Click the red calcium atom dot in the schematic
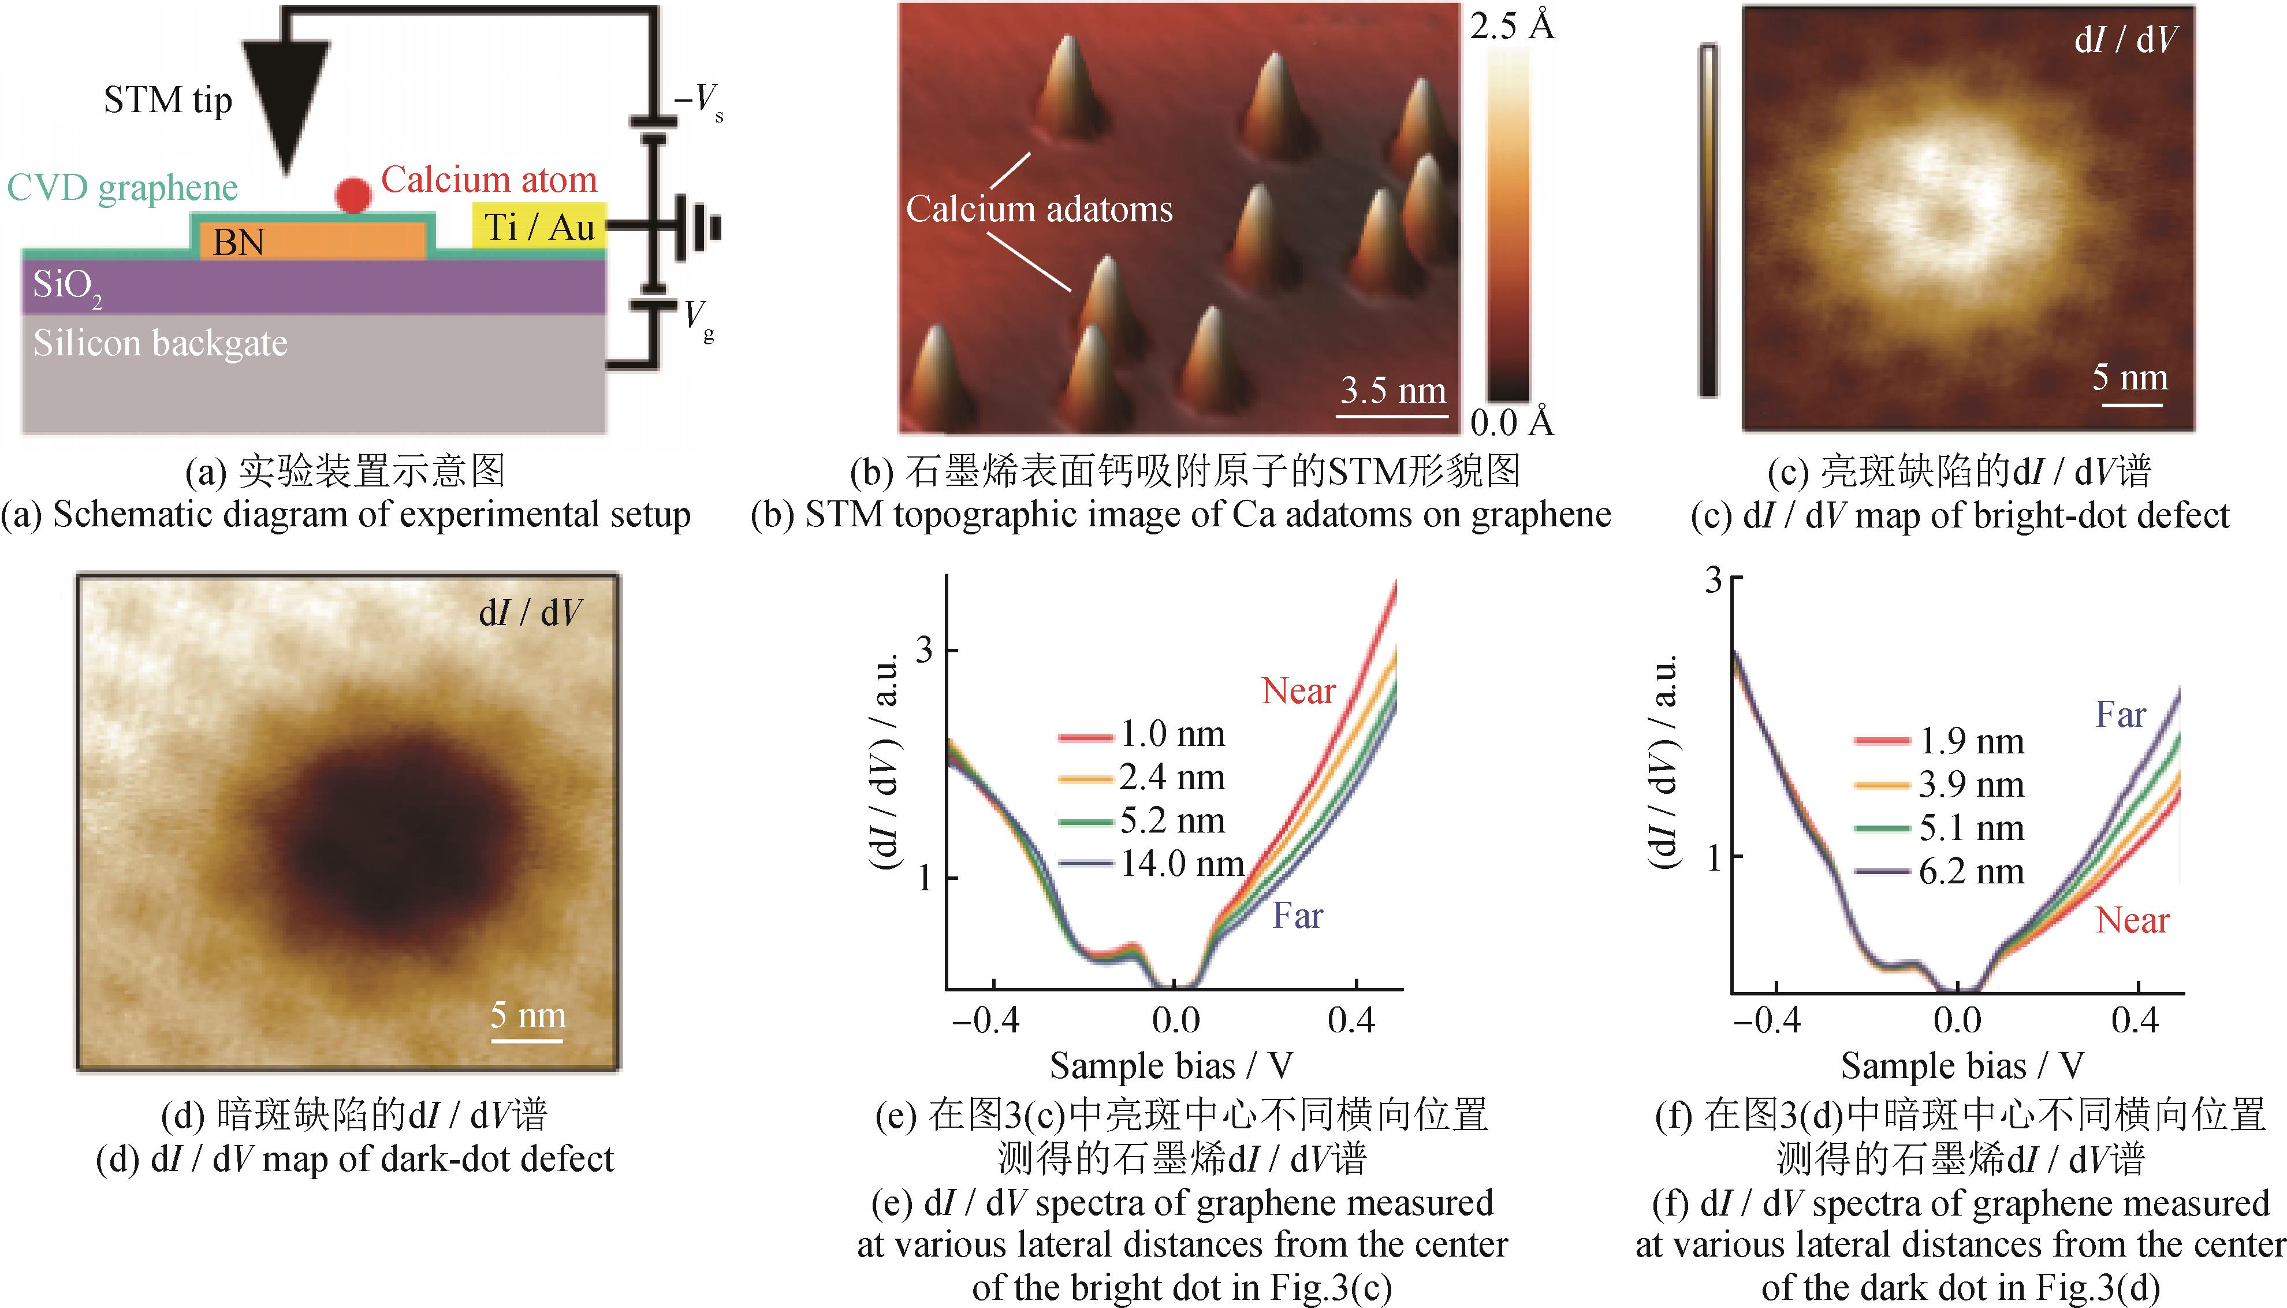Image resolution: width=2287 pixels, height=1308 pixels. click(x=353, y=195)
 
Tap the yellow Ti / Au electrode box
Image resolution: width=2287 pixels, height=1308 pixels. click(x=539, y=227)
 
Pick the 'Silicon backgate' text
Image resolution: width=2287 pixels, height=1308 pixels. click(x=161, y=343)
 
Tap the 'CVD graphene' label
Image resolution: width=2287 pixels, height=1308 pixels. click(x=123, y=188)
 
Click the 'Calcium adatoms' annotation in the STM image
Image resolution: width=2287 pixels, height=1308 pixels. click(x=1039, y=209)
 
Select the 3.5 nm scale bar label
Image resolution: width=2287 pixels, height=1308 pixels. click(x=1392, y=391)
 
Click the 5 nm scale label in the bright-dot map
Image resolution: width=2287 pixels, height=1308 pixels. click(x=2130, y=377)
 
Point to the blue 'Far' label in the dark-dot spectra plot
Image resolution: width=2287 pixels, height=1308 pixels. click(x=2120, y=715)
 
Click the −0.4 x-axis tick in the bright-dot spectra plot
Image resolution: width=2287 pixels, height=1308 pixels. click(x=986, y=1020)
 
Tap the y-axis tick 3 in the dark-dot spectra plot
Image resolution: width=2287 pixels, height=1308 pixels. click(x=1714, y=580)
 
